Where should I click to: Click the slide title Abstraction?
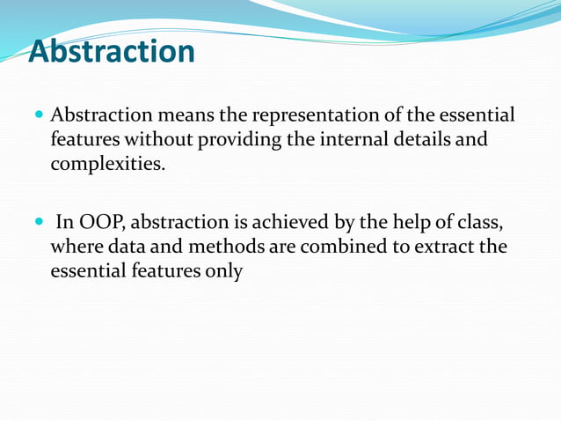coord(112,52)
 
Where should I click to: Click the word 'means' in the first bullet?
coord(178,115)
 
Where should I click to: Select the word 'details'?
coord(419,139)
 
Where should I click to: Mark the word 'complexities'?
coord(106,163)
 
